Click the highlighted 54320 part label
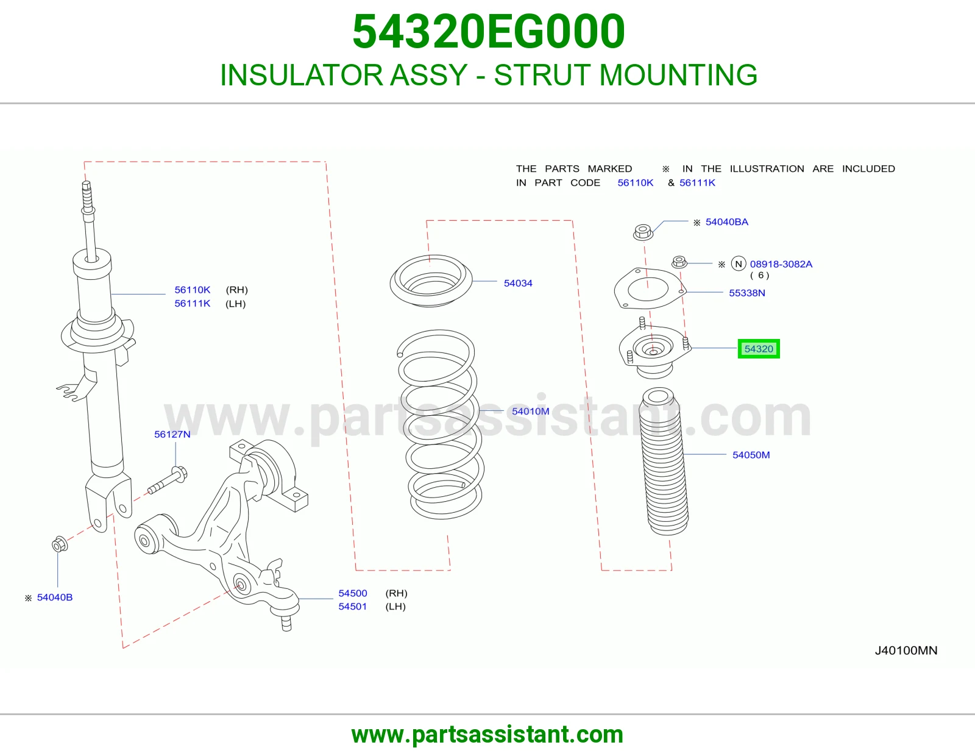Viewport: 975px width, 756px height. click(x=758, y=349)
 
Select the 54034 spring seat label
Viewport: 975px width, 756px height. click(x=518, y=283)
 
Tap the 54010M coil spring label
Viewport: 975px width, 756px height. click(x=530, y=411)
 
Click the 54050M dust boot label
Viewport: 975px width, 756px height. click(x=751, y=455)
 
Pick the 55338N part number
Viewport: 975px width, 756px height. click(x=746, y=293)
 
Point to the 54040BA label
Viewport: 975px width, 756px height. click(x=726, y=222)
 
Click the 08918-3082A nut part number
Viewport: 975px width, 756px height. click(x=781, y=264)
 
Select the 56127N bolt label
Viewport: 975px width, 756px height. click(x=172, y=434)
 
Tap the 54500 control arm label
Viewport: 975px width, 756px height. click(x=353, y=593)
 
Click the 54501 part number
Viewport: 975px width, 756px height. click(x=353, y=607)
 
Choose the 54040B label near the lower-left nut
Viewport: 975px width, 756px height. click(x=54, y=597)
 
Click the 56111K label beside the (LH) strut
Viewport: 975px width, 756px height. click(x=192, y=304)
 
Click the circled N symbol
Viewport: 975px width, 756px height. click(x=739, y=263)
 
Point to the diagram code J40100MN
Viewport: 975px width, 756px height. click(x=906, y=651)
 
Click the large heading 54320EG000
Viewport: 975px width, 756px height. click(x=489, y=31)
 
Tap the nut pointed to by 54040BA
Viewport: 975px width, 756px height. click(x=642, y=232)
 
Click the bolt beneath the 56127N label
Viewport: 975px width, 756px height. click(x=168, y=480)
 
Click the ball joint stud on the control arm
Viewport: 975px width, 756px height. click(x=286, y=621)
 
